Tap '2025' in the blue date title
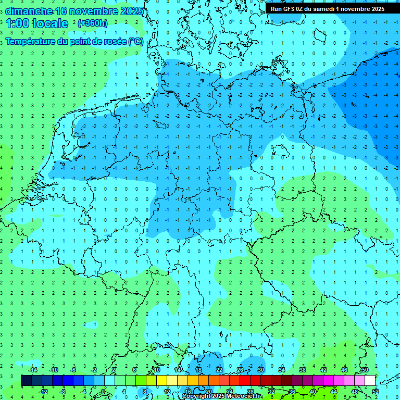[x=132, y=10]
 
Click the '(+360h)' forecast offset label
[x=92, y=23]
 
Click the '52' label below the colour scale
[x=375, y=391]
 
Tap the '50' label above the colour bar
[x=365, y=369]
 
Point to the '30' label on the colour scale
[x=260, y=369]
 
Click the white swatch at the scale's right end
[x=370, y=380]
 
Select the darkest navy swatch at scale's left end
[x=27, y=380]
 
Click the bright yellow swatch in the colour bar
[x=162, y=380]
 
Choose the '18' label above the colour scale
[x=198, y=369]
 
